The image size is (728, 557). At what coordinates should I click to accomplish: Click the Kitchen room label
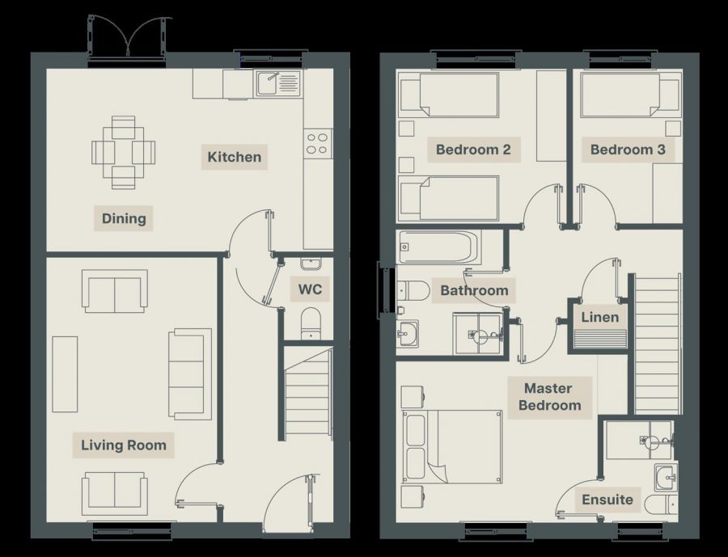tap(235, 157)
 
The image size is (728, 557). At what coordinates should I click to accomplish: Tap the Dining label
tap(124, 218)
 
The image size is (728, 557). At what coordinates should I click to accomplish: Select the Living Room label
tap(124, 445)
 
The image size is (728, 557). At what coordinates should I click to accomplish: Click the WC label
tap(311, 289)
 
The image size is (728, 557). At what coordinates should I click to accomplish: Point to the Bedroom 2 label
tap(473, 150)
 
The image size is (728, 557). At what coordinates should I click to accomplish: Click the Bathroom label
tap(475, 290)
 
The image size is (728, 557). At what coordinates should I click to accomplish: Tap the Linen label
tap(600, 317)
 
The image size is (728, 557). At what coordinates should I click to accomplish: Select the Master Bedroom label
tap(550, 397)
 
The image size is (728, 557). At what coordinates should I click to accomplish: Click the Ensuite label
tap(607, 500)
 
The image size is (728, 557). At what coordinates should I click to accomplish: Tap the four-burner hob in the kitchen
tap(318, 142)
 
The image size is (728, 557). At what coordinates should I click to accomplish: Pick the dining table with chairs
tap(123, 151)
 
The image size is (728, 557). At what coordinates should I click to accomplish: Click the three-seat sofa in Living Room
tap(189, 373)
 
